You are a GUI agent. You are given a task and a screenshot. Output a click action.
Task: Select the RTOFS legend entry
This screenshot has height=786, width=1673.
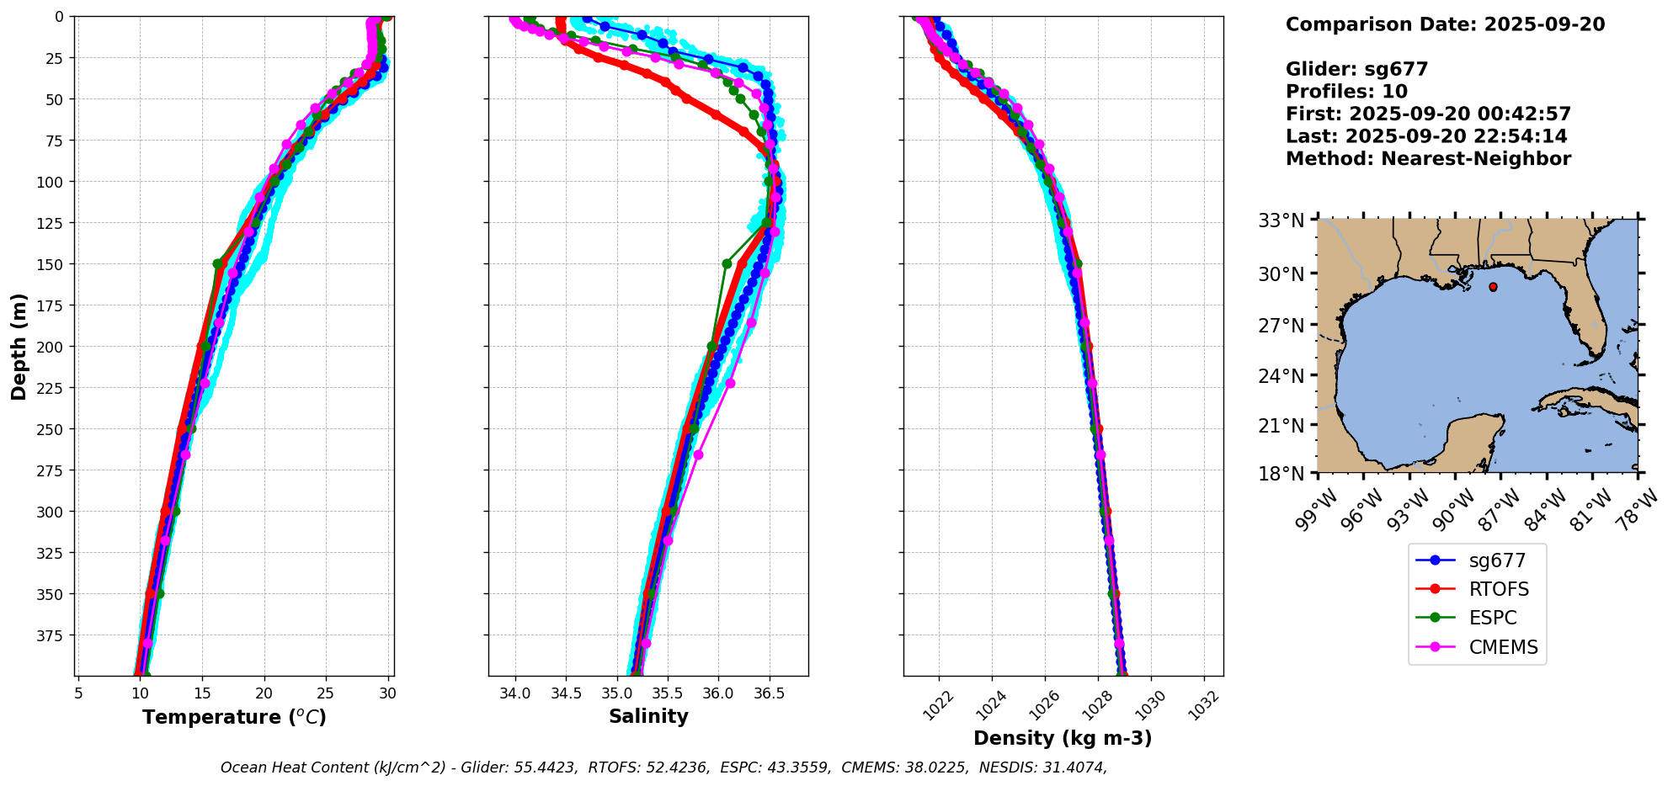coord(1499,589)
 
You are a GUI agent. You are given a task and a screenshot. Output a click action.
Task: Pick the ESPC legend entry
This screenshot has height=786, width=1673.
coord(1492,618)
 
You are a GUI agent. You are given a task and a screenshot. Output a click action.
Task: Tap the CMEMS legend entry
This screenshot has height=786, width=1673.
coord(1503,647)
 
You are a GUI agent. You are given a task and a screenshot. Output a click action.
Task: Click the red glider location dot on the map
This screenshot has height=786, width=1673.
coord(1493,287)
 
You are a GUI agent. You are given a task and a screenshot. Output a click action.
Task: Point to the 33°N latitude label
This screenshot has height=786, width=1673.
coord(1281,220)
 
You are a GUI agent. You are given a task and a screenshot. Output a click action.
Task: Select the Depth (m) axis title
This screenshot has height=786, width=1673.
coord(19,346)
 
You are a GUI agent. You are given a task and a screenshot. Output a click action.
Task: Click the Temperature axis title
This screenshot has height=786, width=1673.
coord(234,717)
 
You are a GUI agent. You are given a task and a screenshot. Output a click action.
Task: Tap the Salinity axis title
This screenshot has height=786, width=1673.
coord(648,716)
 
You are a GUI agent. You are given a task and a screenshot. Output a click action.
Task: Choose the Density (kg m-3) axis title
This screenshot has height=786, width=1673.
coord(1063,738)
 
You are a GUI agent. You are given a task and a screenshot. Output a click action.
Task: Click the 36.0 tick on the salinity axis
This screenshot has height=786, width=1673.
coord(718,693)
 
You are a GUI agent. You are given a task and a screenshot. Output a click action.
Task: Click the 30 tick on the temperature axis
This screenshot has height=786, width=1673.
coord(387,693)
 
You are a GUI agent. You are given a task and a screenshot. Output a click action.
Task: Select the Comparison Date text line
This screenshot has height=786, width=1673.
coord(1445,24)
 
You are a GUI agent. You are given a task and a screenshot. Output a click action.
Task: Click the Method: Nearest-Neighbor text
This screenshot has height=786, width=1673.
coord(1428,159)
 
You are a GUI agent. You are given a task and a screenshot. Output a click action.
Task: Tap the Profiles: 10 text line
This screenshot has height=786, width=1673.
coord(1346,92)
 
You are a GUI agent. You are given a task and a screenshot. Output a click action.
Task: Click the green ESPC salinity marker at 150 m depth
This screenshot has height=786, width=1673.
coord(727,263)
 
